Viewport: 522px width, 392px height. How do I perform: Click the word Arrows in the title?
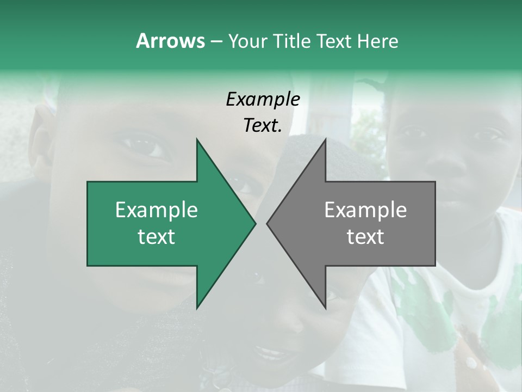pos(170,41)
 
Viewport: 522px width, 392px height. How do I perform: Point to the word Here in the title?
pos(377,41)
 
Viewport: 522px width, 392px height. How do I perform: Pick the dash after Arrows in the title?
pos(216,41)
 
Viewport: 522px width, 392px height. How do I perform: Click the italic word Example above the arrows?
pos(263,99)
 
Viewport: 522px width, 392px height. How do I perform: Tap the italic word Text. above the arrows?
pos(263,125)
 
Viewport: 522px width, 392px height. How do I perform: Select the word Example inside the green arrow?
pos(157,210)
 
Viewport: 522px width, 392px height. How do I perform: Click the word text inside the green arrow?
pos(157,237)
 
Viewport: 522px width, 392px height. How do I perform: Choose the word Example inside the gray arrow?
pos(365,210)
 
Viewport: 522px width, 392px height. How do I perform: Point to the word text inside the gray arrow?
pos(365,237)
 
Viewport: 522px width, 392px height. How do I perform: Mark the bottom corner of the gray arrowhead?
pos(325,308)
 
